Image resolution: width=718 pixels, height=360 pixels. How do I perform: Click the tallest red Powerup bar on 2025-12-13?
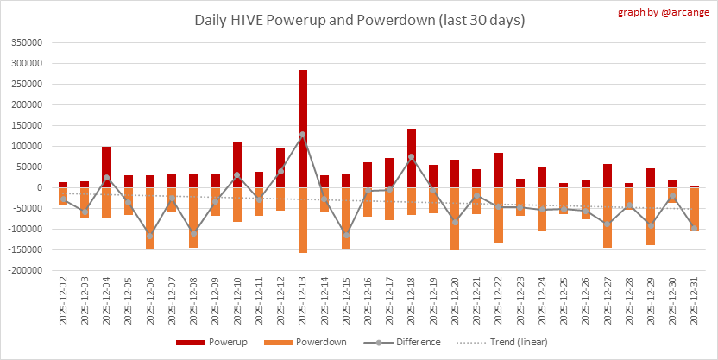pos(303,129)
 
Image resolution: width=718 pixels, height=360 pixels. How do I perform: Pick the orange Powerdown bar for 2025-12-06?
pos(150,218)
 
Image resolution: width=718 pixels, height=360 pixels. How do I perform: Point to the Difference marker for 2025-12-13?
pos(303,135)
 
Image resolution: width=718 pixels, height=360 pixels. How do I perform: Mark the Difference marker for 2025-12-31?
pos(695,228)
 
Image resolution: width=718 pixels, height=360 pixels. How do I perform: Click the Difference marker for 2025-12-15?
pos(346,235)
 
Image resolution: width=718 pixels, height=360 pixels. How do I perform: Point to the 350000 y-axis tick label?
pos(26,42)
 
